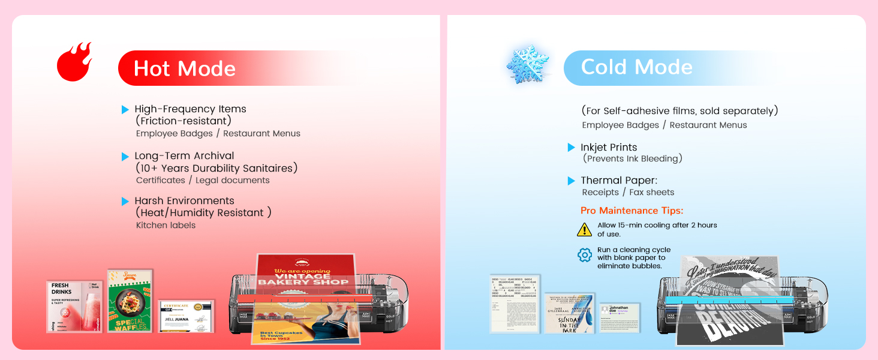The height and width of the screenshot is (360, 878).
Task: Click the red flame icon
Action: [74, 62]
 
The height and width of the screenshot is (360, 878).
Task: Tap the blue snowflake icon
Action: [527, 64]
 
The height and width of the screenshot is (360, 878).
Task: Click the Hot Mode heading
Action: [185, 68]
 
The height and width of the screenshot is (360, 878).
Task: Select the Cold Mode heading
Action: [636, 67]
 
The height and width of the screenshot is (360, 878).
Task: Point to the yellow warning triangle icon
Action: [584, 229]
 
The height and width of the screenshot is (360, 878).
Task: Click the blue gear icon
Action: [584, 255]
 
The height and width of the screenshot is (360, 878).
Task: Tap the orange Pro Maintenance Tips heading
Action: [632, 211]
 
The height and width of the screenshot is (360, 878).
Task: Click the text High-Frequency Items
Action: [190, 109]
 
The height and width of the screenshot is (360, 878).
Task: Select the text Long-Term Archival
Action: [184, 156]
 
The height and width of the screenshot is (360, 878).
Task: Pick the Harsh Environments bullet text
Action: [184, 201]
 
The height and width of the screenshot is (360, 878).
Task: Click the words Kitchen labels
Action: [166, 226]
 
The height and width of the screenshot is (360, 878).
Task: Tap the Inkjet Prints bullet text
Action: [609, 148]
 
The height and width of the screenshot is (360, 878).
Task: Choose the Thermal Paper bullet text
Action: [619, 181]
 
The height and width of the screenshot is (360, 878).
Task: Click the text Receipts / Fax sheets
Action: [628, 193]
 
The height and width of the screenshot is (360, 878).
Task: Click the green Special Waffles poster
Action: [130, 301]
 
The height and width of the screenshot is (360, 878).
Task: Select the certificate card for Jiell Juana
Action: [186, 316]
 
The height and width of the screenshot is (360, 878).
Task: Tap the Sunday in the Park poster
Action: [570, 313]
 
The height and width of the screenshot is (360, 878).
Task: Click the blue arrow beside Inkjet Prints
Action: [572, 148]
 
